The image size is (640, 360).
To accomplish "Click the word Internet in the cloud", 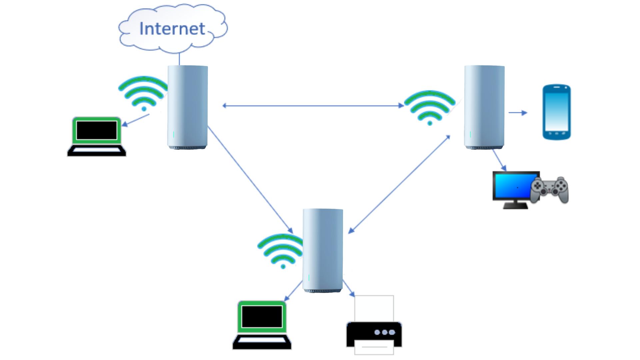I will pyautogui.click(x=172, y=29).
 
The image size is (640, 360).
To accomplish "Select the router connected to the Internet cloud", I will pyautogui.click(x=187, y=107).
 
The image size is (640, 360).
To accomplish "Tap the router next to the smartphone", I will pyautogui.click(x=484, y=107).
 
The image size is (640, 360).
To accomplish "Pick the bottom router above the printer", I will pyautogui.click(x=323, y=250).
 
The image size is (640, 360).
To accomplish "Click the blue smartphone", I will pyautogui.click(x=556, y=112).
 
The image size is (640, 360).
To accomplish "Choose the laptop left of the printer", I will pyautogui.click(x=262, y=325).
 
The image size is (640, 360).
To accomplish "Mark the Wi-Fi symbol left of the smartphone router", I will pyautogui.click(x=429, y=107).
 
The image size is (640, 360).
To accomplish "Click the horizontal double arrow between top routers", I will pyautogui.click(x=313, y=106).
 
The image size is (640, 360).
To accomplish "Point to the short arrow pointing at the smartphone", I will pyautogui.click(x=518, y=113).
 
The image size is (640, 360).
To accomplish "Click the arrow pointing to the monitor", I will pyautogui.click(x=500, y=161).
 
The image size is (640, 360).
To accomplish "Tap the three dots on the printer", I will pyautogui.click(x=385, y=332).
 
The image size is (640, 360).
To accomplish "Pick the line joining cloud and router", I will pyautogui.click(x=179, y=59).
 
